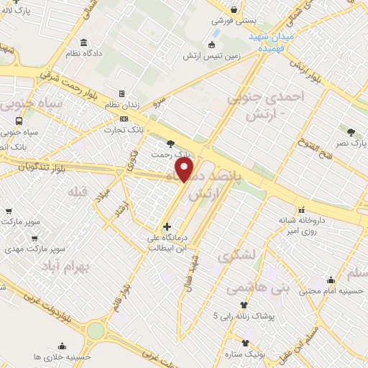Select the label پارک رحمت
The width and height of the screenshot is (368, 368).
point(172,154)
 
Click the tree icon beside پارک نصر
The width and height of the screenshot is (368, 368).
point(351,132)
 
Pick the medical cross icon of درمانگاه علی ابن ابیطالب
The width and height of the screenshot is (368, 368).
point(167,227)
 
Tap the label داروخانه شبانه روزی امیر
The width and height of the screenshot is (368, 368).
point(302,224)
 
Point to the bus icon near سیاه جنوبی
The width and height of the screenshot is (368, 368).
point(29,121)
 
